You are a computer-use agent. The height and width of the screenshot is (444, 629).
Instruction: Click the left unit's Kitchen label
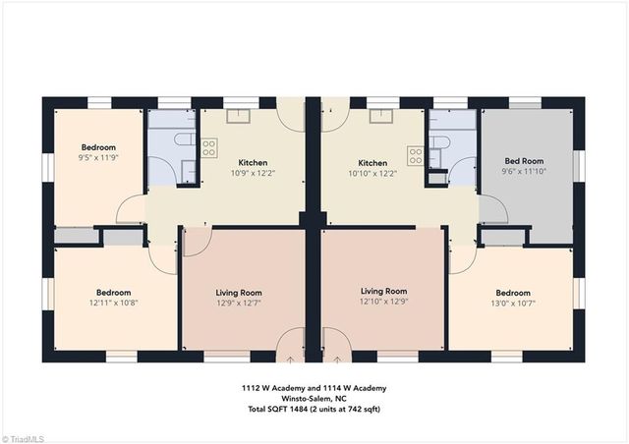pos(253,163)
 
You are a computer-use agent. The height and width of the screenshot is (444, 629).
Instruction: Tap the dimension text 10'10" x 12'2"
pos(372,173)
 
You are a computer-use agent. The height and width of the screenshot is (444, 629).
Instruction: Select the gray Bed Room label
pos(524,161)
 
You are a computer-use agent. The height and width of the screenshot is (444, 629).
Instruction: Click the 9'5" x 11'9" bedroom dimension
pos(98,157)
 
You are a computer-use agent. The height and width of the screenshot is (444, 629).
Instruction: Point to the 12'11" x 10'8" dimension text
pos(114,303)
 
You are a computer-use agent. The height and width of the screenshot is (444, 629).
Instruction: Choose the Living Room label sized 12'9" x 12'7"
pos(239,293)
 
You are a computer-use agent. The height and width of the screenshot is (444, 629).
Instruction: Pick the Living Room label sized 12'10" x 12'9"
pos(384,291)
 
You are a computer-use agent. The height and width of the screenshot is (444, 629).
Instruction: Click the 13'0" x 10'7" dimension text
pos(513,304)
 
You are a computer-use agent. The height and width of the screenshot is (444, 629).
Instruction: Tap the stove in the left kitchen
pos(209,147)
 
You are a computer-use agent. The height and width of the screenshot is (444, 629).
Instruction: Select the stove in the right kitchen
pos(416,155)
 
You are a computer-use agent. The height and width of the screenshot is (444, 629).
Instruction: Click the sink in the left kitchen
pos(238,116)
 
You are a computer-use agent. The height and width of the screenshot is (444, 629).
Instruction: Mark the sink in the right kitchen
pos(381,116)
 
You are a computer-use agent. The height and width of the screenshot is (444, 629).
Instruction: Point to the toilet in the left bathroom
pos(185,140)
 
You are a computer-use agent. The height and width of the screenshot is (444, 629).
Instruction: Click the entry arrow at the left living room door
pos(290,360)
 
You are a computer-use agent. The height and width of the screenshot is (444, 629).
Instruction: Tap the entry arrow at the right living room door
pos(337,360)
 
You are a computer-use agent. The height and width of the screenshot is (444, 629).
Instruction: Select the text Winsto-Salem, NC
pos(314,399)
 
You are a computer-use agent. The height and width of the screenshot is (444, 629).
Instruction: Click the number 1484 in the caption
pos(300,410)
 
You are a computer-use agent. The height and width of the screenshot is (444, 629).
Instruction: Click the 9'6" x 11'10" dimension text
pos(524,171)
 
